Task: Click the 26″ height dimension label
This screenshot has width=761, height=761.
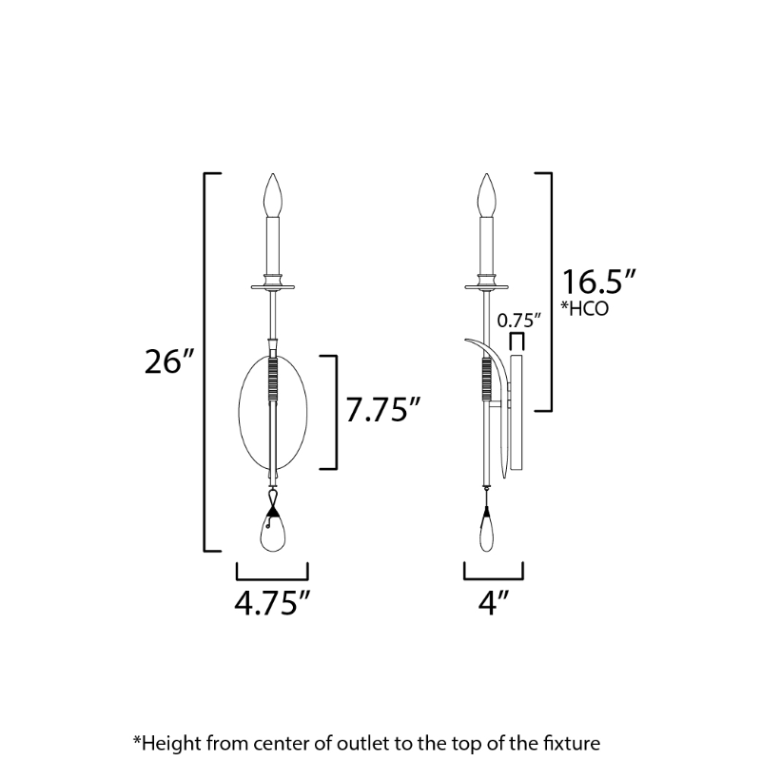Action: [x=169, y=361]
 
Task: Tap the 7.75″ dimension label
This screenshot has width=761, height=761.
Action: [x=383, y=410]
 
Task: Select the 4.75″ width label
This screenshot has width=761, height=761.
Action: [x=272, y=603]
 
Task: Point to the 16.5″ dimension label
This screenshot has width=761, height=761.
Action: [x=598, y=282]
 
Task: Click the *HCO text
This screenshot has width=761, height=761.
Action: [x=585, y=308]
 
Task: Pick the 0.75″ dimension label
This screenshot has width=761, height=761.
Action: [x=518, y=321]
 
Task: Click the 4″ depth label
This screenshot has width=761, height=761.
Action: [x=494, y=603]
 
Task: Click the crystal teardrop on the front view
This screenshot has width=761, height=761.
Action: [x=273, y=533]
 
